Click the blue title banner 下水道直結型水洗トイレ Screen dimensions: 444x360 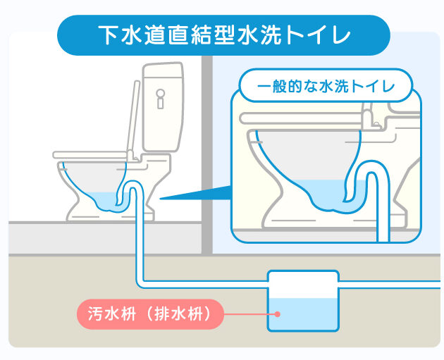pyautogui.click(x=223, y=35)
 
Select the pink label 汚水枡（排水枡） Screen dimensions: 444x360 pyautogui.click(x=150, y=314)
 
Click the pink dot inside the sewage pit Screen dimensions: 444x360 pyautogui.click(x=278, y=314)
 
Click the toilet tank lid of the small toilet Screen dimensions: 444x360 pyautogui.click(x=162, y=70)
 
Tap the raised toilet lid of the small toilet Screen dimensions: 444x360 pyautogui.click(x=134, y=119)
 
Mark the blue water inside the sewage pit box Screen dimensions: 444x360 pyautogui.click(x=303, y=314)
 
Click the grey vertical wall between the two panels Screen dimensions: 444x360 pyautogui.click(x=207, y=154)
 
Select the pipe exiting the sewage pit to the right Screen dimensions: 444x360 pyautogui.click(x=389, y=285)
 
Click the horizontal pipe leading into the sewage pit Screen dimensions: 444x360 pyautogui.click(x=204, y=285)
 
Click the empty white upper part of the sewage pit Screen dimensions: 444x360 pyautogui.click(x=303, y=285)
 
